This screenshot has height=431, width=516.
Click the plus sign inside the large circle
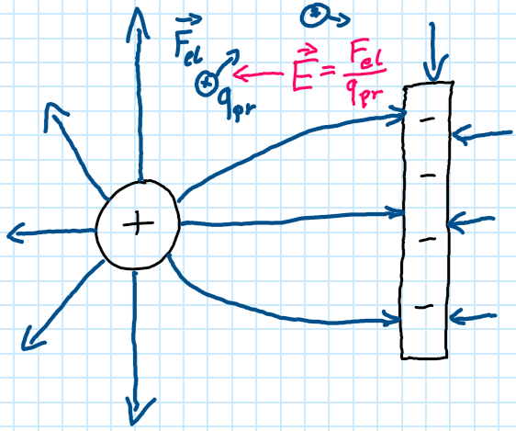(138, 223)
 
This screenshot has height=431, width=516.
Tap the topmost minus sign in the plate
(427, 119)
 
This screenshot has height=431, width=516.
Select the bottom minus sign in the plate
(424, 307)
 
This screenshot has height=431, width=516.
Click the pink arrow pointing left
(258, 74)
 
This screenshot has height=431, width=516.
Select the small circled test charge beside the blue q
(206, 84)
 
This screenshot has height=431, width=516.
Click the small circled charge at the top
(314, 15)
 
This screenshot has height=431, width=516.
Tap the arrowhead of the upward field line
(138, 24)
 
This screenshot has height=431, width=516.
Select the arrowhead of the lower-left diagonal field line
(31, 339)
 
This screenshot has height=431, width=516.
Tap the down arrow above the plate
(434, 51)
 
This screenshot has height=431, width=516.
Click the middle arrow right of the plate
(471, 224)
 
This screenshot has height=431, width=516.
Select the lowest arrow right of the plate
(473, 317)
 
